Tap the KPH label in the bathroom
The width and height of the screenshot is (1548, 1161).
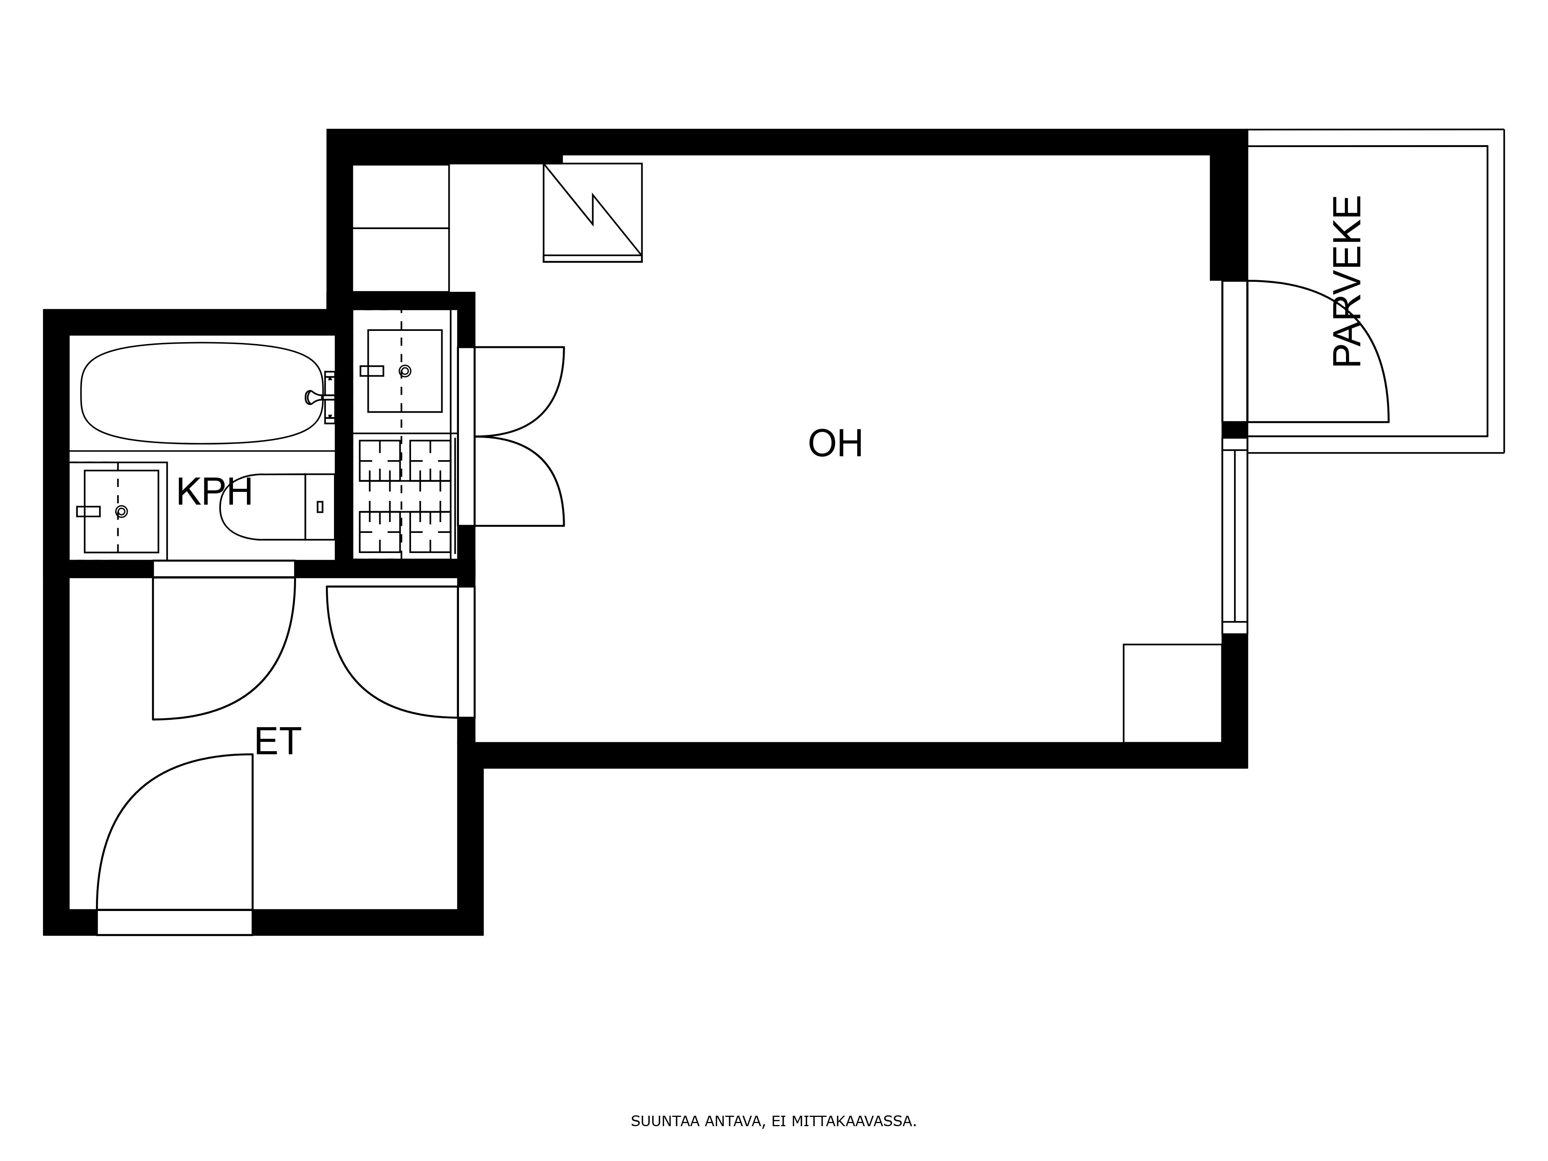[214, 492]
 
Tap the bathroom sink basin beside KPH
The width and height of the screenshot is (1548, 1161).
[121, 512]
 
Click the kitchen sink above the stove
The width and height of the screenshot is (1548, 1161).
[404, 371]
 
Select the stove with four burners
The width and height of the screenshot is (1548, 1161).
[404, 496]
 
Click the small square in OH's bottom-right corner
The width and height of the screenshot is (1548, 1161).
[1172, 693]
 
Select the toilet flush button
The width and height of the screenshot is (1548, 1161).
[320, 507]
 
